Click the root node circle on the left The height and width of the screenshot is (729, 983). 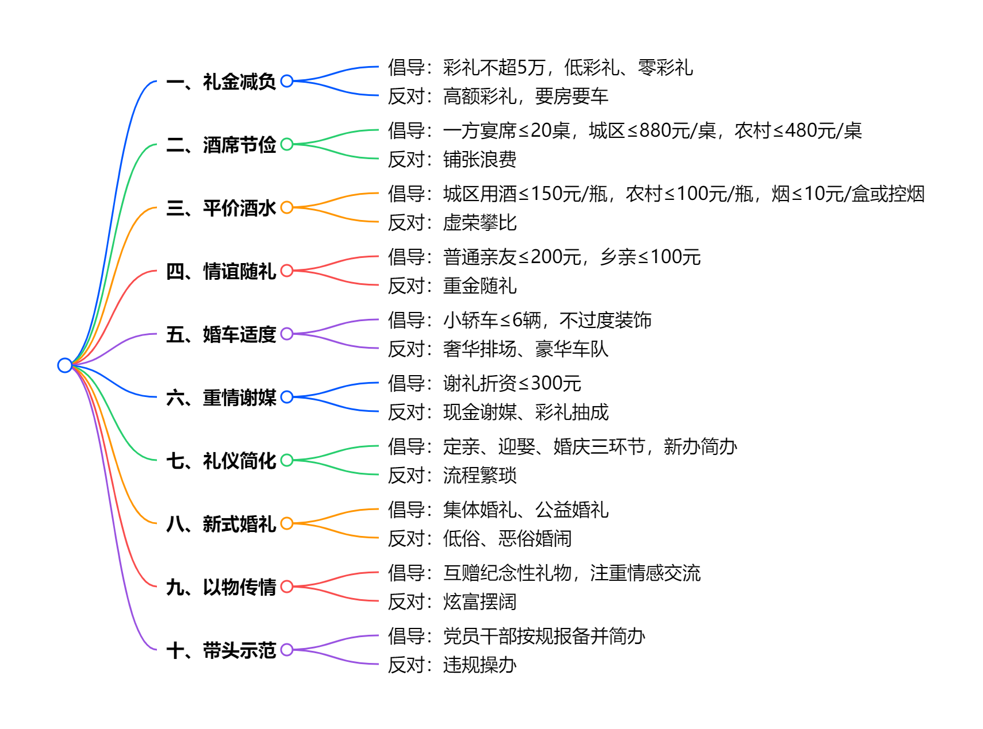(x=65, y=365)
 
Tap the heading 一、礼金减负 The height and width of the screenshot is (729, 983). (x=221, y=82)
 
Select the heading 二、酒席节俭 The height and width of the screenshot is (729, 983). (x=221, y=145)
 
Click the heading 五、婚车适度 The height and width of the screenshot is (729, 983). (x=221, y=334)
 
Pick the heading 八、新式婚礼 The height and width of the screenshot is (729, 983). (x=221, y=524)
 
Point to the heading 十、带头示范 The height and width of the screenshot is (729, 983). (x=221, y=650)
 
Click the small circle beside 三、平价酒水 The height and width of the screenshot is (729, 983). (x=287, y=207)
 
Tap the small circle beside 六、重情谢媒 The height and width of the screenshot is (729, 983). (x=287, y=397)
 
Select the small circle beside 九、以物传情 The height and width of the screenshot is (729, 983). (x=287, y=587)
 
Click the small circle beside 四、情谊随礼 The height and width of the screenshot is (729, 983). (x=287, y=271)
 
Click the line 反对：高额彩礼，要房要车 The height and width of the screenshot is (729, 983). (x=498, y=96)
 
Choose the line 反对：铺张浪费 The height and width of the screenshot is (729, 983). (x=452, y=159)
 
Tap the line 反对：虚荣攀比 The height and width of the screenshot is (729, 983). (x=452, y=222)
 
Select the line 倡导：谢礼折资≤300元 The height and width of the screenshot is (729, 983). (x=484, y=383)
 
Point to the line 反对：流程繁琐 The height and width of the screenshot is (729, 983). (x=452, y=475)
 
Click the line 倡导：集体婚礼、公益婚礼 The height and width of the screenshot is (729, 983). (x=498, y=510)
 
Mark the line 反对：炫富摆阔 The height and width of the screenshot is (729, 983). (x=452, y=601)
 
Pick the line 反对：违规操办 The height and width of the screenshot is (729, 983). (x=452, y=665)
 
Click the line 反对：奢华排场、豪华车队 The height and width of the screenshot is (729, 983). (x=498, y=349)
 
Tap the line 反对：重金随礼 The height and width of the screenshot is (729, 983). (x=452, y=286)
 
